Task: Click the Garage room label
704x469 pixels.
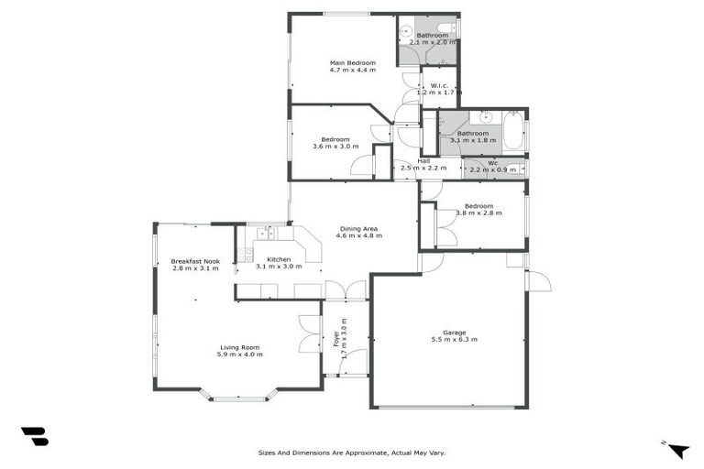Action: [455, 333]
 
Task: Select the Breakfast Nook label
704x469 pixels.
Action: [195, 261]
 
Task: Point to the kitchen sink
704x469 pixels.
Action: [267, 234]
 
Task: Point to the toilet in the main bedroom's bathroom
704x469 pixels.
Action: [445, 27]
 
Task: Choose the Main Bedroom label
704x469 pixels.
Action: [353, 63]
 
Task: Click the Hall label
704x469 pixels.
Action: [423, 161]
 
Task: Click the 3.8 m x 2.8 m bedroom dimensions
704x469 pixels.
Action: [478, 213]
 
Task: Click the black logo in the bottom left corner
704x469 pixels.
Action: [34, 437]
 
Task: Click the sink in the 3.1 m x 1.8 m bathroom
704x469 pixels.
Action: [485, 117]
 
